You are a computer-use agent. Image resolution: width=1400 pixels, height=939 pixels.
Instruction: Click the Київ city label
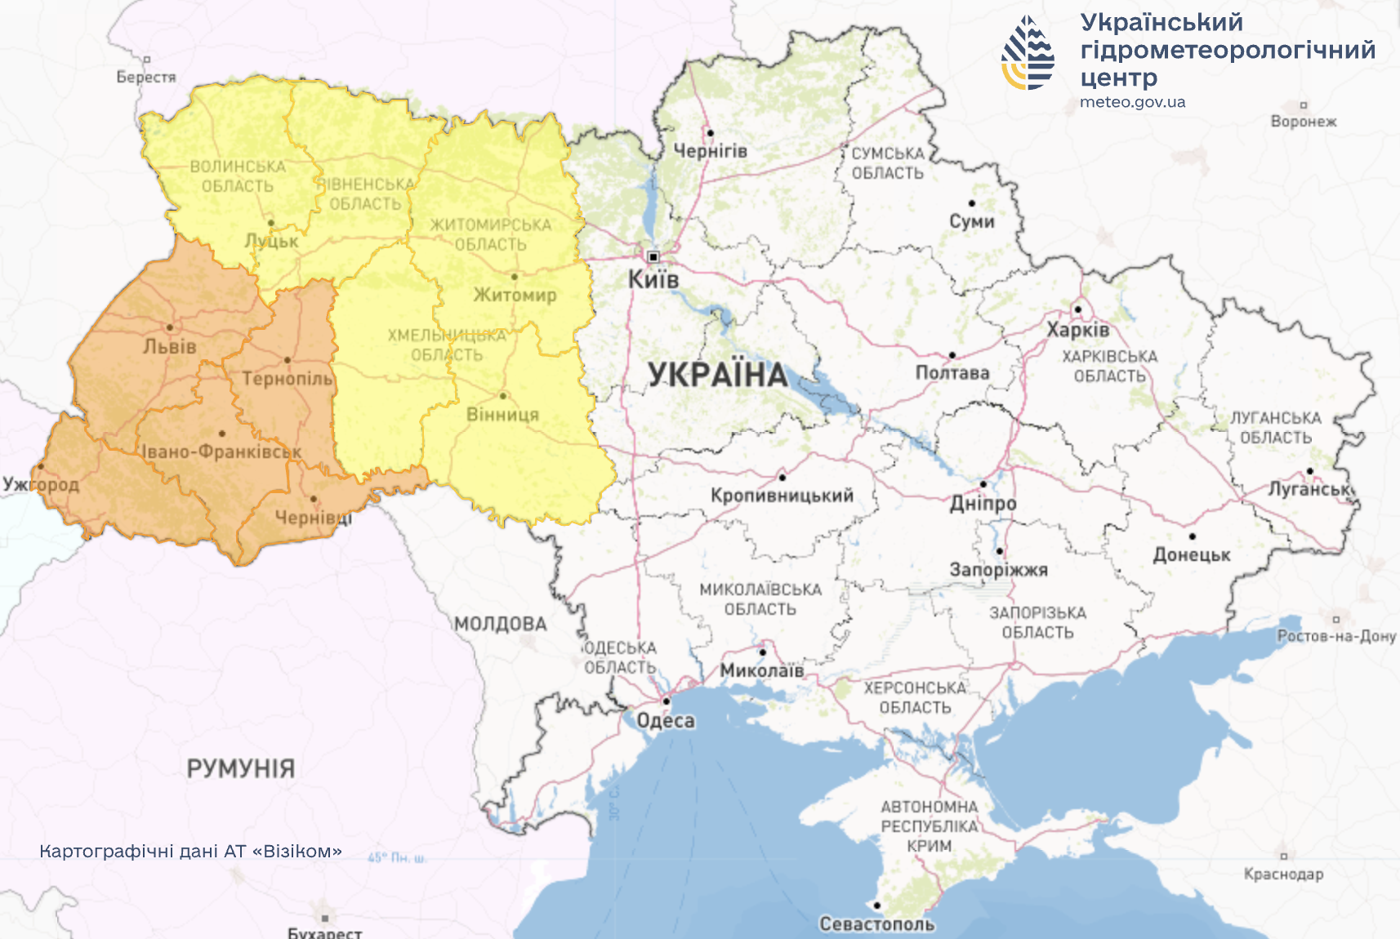tap(653, 280)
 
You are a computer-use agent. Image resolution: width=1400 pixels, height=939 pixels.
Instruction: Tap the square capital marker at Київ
tap(653, 257)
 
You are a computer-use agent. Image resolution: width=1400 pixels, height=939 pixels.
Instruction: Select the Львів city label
tap(170, 347)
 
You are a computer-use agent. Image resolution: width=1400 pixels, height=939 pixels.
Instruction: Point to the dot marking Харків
tap(1077, 309)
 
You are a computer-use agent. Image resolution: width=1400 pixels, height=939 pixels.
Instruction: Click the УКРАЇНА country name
tap(718, 375)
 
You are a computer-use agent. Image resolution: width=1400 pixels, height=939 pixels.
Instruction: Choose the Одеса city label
tap(666, 721)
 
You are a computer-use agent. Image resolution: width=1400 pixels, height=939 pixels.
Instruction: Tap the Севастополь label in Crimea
tap(876, 924)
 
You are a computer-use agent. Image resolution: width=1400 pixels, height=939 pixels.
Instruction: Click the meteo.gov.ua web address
tap(1132, 103)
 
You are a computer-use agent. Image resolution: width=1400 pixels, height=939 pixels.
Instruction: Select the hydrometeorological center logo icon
tap(1028, 52)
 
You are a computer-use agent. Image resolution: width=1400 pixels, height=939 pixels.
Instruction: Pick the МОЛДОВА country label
tap(500, 625)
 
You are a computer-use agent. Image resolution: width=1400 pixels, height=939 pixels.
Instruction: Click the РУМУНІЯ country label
tap(240, 768)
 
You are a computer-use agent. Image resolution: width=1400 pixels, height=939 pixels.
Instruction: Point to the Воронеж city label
tap(1304, 122)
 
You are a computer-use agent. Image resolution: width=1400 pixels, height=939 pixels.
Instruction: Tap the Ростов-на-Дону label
tap(1336, 636)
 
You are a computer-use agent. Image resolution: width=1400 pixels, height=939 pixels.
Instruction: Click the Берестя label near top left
tap(146, 78)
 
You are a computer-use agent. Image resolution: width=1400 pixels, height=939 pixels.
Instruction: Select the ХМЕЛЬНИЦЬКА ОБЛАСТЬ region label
tap(447, 345)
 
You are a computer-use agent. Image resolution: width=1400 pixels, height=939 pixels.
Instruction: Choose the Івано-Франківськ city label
tap(221, 452)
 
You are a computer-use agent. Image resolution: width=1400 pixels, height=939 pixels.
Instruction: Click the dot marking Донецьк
tap(1192, 536)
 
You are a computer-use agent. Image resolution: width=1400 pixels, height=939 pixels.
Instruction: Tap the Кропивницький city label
tap(782, 496)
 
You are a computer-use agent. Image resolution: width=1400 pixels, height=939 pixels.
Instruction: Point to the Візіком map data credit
tap(190, 852)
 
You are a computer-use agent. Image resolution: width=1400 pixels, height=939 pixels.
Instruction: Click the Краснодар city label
tap(1283, 874)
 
